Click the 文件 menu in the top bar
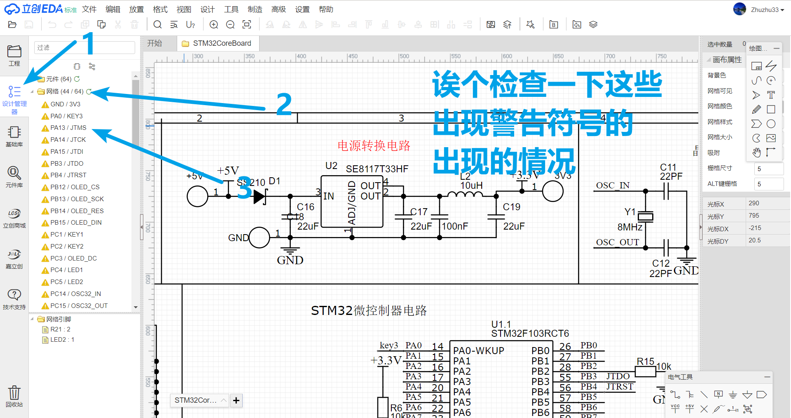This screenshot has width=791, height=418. tap(89, 9)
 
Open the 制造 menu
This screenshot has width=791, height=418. tap(255, 9)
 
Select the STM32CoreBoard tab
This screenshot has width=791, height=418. tap(222, 43)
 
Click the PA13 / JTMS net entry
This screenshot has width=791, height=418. tap(68, 128)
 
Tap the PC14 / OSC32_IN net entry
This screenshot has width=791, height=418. tap(75, 294)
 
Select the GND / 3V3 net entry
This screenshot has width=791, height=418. tap(65, 104)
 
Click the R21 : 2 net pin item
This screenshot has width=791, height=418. tap(60, 329)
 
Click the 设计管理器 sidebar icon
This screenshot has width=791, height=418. tap(14, 97)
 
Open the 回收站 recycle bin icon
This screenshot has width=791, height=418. tap(14, 396)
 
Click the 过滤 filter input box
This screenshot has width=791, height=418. tap(84, 48)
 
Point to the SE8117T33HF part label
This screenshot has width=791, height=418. tap(377, 169)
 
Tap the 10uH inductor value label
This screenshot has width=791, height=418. tap(471, 186)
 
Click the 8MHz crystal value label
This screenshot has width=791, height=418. tap(630, 227)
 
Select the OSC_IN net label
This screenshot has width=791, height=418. tap(613, 186)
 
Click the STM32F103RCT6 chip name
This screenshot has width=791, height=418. tap(530, 333)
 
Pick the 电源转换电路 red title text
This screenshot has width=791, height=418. tap(374, 146)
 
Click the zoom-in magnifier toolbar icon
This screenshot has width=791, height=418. tap(214, 25)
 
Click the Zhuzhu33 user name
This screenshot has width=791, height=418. tap(764, 9)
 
